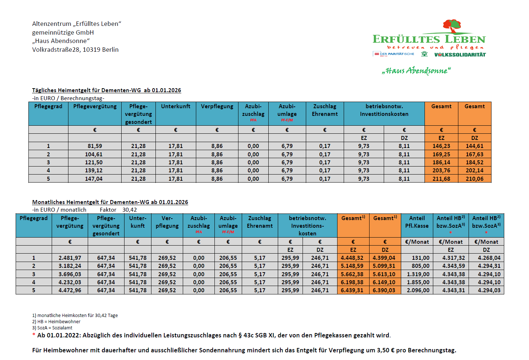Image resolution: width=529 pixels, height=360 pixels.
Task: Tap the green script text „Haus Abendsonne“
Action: pyautogui.click(x=416, y=70)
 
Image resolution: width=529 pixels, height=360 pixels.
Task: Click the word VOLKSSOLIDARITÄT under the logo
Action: pyautogui.click(x=460, y=55)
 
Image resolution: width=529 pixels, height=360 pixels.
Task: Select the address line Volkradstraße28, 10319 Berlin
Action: pyautogui.click(x=75, y=50)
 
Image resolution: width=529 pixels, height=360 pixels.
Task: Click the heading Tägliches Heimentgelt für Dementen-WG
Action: pyautogui.click(x=106, y=90)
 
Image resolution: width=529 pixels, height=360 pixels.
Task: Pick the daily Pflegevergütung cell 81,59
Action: pyautogui.click(x=95, y=146)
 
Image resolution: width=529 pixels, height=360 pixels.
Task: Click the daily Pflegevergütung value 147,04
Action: pyautogui.click(x=94, y=179)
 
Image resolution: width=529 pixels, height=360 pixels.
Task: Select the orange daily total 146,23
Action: pyautogui.click(x=441, y=146)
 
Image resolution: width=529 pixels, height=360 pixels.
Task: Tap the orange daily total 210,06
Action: pyautogui.click(x=474, y=179)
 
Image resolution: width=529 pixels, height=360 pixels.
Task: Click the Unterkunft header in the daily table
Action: pyautogui.click(x=175, y=106)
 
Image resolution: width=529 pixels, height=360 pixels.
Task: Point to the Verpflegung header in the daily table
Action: pyautogui.click(x=217, y=106)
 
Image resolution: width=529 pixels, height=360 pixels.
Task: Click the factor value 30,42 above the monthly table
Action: pyautogui.click(x=130, y=210)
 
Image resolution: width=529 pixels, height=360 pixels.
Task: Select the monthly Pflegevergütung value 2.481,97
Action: pyautogui.click(x=70, y=258)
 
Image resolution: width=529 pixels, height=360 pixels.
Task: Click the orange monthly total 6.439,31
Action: pyautogui.click(x=352, y=290)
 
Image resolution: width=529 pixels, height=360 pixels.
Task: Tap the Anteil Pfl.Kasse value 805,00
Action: pyautogui.click(x=421, y=266)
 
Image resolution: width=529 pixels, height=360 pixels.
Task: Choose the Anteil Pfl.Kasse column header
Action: pyautogui.click(x=417, y=222)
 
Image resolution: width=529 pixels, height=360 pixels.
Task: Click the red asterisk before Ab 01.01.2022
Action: pyautogui.click(x=34, y=335)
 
